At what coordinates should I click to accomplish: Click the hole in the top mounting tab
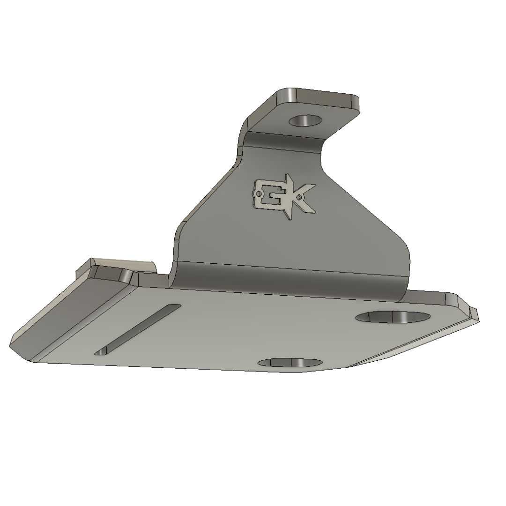click(306, 120)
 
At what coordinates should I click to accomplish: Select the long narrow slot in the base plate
click(138, 328)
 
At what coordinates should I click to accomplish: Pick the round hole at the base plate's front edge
click(290, 363)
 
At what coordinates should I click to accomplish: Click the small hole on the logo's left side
click(258, 193)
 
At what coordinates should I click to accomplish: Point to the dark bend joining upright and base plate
click(290, 279)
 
